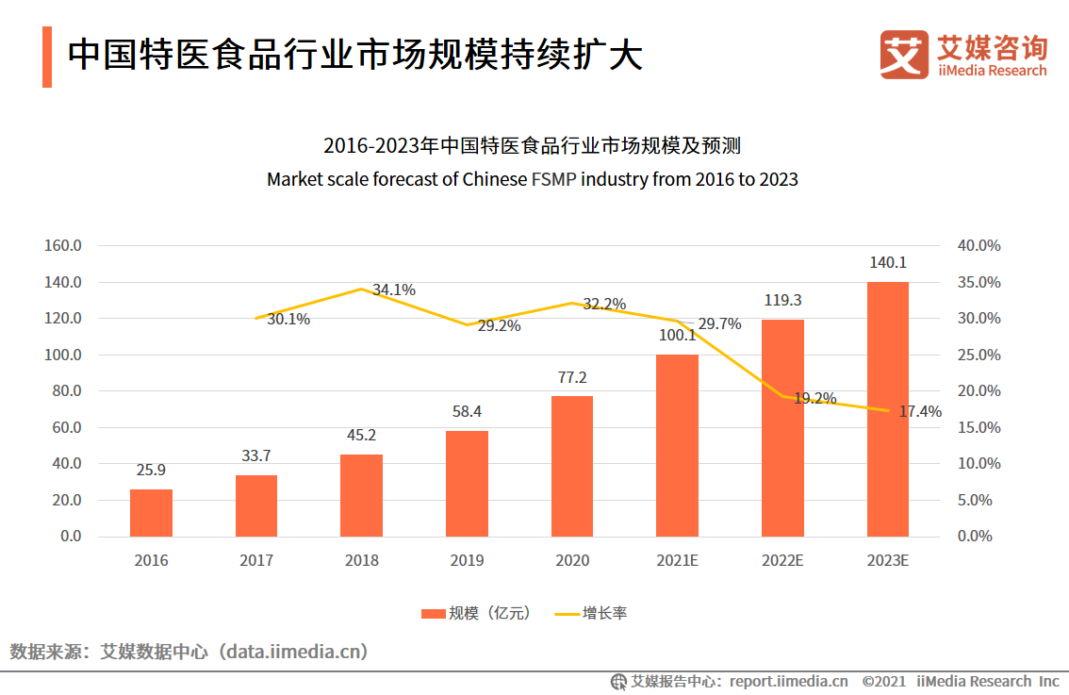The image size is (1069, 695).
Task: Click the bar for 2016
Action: [x=151, y=512]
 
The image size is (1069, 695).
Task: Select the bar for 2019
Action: [x=467, y=483]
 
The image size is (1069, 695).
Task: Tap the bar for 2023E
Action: [x=888, y=408]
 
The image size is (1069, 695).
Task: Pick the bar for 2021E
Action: [x=678, y=445]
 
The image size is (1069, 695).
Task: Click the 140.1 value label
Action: [x=888, y=263]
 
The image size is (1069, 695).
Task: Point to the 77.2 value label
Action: [x=572, y=377]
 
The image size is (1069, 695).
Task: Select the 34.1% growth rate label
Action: [x=394, y=290]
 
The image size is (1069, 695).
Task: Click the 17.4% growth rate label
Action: [x=920, y=411]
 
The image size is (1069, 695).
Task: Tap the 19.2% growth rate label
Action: [x=815, y=399]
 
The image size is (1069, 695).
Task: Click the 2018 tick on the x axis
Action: [x=362, y=560]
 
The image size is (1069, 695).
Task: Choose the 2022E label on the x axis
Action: [x=782, y=560]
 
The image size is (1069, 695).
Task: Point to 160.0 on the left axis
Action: [x=64, y=246]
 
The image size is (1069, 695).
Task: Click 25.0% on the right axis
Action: [x=979, y=356]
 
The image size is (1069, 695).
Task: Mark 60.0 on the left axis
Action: [x=64, y=427]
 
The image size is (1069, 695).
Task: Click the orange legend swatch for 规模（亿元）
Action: [x=433, y=614]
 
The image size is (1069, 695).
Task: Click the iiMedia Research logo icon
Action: [x=903, y=54]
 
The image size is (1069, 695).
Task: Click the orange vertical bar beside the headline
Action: [x=46, y=56]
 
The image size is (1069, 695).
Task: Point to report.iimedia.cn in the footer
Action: [x=788, y=681]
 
